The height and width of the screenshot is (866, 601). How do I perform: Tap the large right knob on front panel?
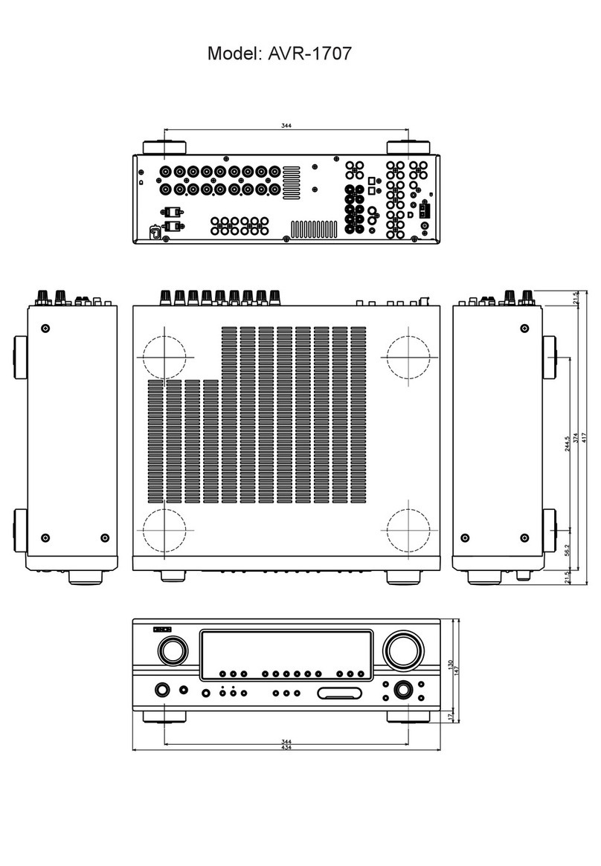tap(402, 651)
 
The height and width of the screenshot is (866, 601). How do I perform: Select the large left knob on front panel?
tap(172, 651)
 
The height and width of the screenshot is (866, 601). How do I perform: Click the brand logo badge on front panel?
tap(162, 630)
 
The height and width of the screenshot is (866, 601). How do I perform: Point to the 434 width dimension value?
tap(286, 747)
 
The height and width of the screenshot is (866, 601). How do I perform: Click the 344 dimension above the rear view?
tap(286, 126)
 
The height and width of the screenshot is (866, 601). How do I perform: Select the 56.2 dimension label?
tap(568, 551)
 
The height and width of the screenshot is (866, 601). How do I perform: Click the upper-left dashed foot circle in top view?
tap(163, 357)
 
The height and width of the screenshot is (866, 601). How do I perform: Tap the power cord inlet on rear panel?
tap(155, 233)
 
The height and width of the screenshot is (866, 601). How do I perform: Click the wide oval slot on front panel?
tap(340, 694)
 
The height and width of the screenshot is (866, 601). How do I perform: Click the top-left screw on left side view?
tap(46, 328)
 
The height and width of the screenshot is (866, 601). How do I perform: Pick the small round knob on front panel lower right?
tap(402, 690)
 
